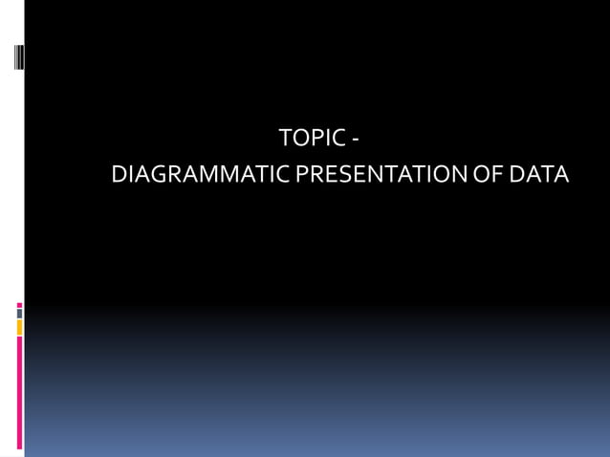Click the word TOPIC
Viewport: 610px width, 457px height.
(312, 139)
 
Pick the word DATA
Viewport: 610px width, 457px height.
(538, 176)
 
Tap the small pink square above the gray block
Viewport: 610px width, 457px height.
(19, 305)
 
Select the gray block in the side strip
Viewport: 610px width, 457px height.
(19, 314)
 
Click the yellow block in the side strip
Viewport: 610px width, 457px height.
(19, 328)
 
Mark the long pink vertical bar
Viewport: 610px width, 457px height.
(19, 392)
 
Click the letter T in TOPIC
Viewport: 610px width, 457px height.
(286, 139)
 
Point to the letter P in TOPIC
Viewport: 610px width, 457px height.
(316, 139)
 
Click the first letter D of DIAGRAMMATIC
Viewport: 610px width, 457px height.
(120, 176)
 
